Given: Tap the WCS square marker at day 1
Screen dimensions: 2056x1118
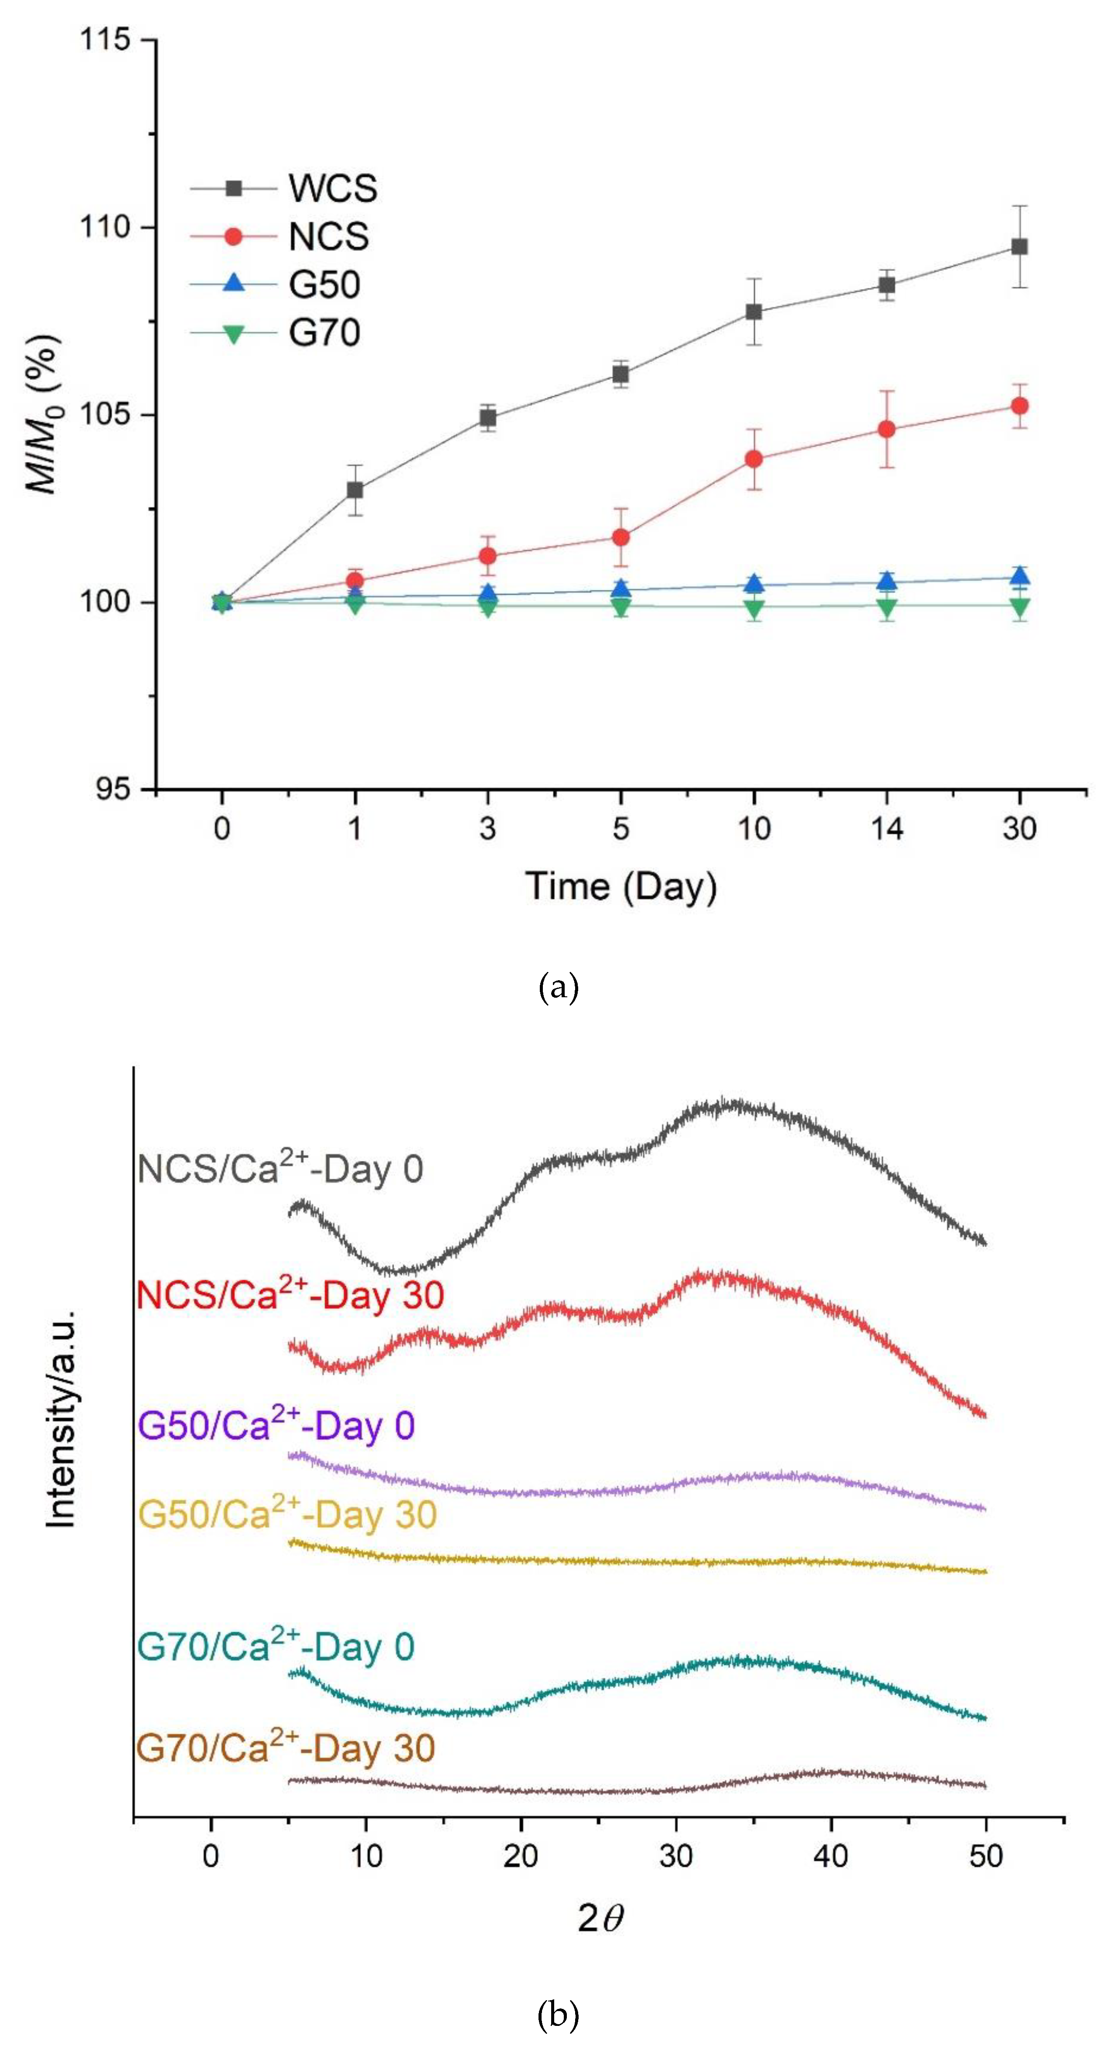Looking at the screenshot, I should tap(355, 489).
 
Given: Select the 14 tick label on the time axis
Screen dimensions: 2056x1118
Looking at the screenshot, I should tap(886, 829).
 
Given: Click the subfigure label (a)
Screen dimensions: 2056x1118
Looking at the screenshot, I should tap(559, 988).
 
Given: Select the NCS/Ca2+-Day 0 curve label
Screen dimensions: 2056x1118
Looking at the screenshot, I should tap(280, 1169).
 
